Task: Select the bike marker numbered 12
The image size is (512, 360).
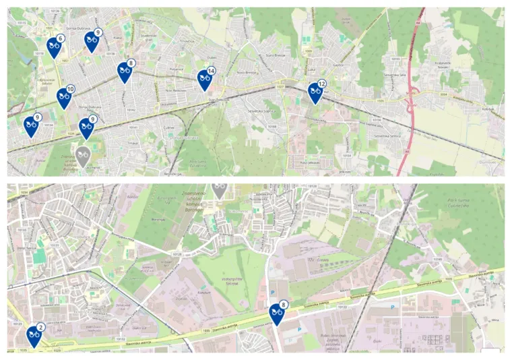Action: (x=315, y=92)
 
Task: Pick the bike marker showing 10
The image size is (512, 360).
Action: (x=65, y=98)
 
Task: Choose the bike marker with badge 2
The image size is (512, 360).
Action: (x=34, y=335)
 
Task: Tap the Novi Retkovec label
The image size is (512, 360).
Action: (x=177, y=89)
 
